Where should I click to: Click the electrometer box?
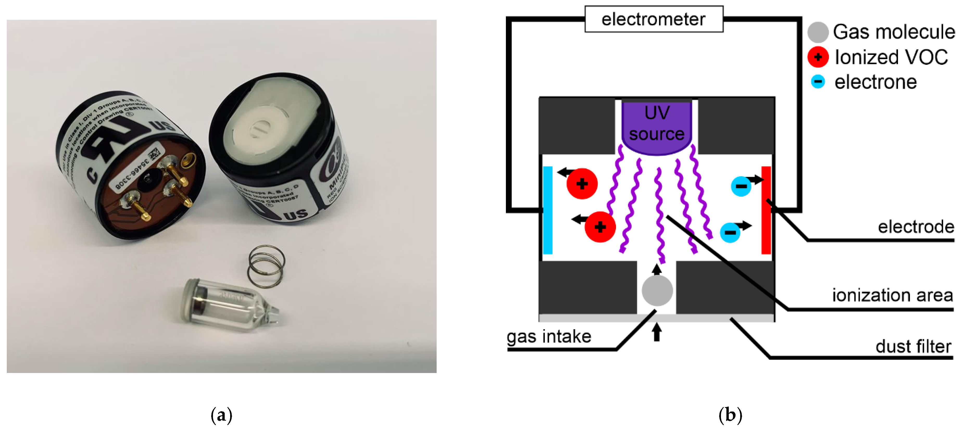click(x=654, y=19)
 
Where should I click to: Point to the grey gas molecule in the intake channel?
click(x=657, y=290)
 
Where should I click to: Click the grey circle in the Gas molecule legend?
click(x=818, y=32)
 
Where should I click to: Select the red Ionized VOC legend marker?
click(x=818, y=57)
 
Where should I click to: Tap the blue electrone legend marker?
click(x=818, y=81)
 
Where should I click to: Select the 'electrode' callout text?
click(x=916, y=227)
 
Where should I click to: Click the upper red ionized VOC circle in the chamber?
click(x=582, y=184)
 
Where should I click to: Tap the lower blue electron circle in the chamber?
click(x=730, y=233)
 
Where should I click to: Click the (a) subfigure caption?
click(x=221, y=415)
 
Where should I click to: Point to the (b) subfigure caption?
click(x=730, y=415)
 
